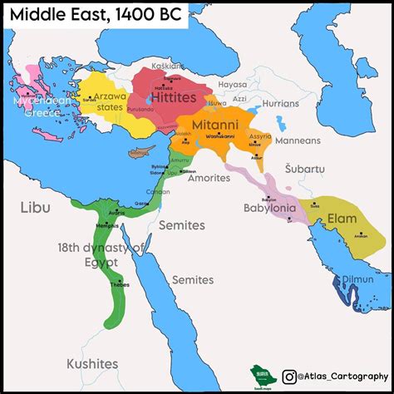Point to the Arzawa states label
tap(95, 101)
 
